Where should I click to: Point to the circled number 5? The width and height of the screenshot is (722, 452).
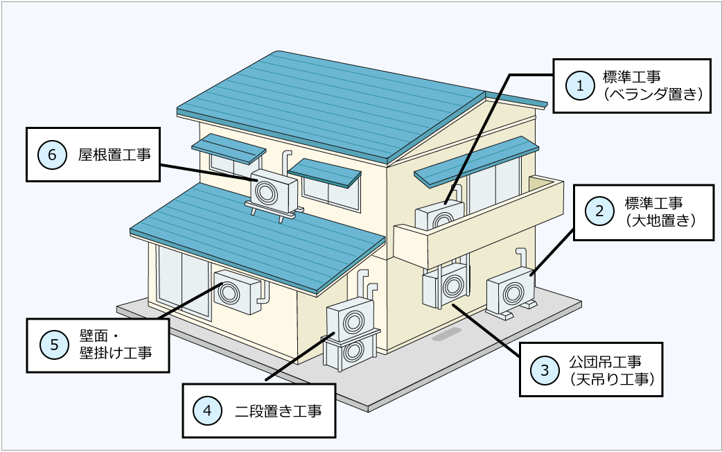pyautogui.click(x=53, y=344)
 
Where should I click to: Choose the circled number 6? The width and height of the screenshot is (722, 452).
pyautogui.click(x=52, y=154)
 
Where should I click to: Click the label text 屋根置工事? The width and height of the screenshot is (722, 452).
pyautogui.click(x=114, y=154)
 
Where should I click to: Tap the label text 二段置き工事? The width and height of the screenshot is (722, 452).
pyautogui.click(x=278, y=410)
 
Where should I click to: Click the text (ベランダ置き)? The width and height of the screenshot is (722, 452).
pyautogui.click(x=653, y=95)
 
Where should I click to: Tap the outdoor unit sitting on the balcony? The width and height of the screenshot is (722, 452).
pyautogui.click(x=439, y=216)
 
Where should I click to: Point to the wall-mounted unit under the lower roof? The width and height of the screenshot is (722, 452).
pyautogui.click(x=236, y=290)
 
